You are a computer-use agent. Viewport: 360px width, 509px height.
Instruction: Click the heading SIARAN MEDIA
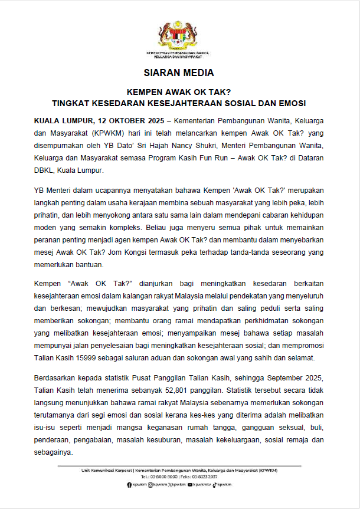tap(179, 73)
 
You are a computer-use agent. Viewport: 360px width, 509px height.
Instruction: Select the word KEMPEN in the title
tap(143, 92)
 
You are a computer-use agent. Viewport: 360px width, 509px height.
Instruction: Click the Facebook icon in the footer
tap(129, 484)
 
